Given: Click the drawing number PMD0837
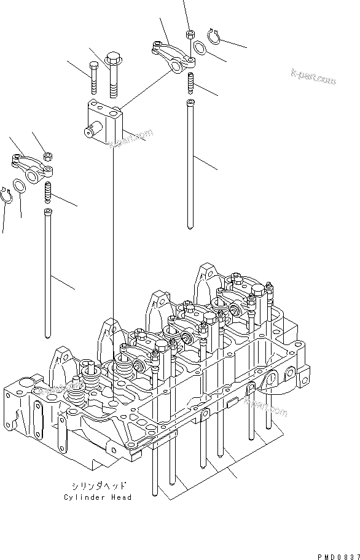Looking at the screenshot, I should pyautogui.click(x=337, y=556).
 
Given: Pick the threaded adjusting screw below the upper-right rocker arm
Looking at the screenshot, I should pyautogui.click(x=191, y=80).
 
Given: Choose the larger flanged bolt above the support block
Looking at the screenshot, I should pyautogui.click(x=113, y=74).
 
